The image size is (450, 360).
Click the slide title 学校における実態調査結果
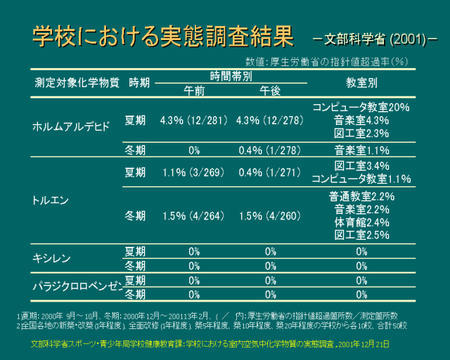(x=162, y=37)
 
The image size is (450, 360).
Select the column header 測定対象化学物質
(x=77, y=82)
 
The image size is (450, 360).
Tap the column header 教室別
(x=361, y=82)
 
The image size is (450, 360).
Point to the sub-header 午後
(x=270, y=91)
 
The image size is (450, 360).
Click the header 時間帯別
(x=231, y=76)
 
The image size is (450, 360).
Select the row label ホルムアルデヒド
(x=72, y=127)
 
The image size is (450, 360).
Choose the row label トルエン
(x=51, y=200)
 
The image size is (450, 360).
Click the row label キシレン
(x=52, y=257)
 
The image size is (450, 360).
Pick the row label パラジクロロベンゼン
(x=78, y=287)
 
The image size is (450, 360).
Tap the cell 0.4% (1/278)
(x=270, y=150)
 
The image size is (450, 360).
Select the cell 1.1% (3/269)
(x=193, y=172)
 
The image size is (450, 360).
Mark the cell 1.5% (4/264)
(x=193, y=216)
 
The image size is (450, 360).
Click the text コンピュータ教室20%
(x=361, y=108)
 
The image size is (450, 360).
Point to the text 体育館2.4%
(x=361, y=222)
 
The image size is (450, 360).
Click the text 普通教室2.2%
(x=361, y=197)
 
